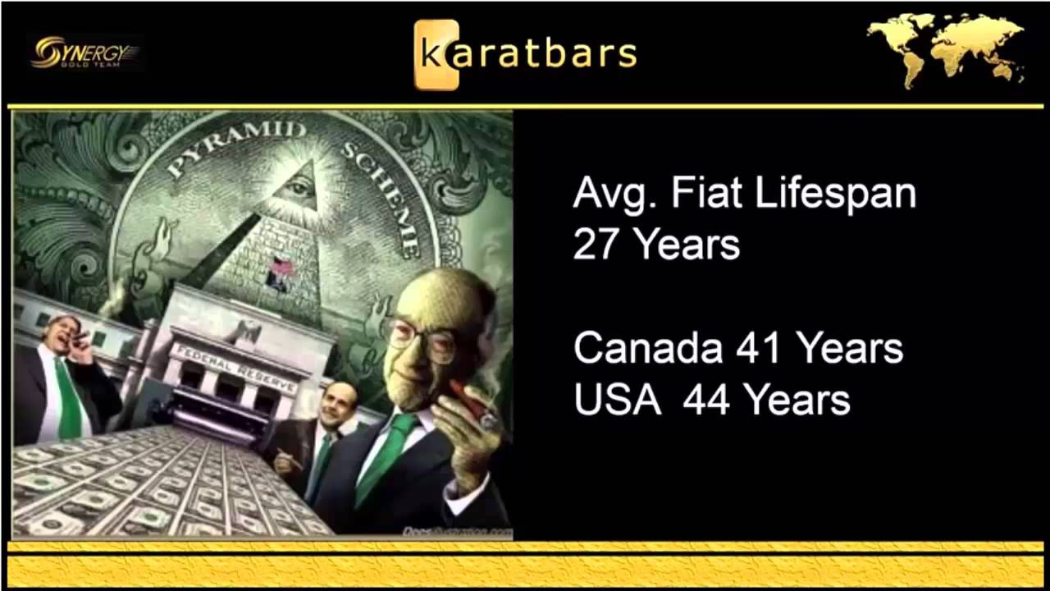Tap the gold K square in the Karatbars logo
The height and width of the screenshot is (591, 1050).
click(x=436, y=55)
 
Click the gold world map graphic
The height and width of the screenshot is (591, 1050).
click(x=946, y=49)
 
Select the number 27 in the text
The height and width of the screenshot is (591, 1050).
click(x=596, y=244)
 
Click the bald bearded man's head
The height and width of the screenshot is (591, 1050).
click(x=336, y=403)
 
